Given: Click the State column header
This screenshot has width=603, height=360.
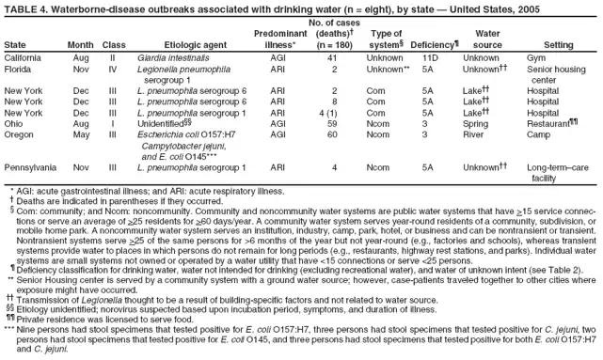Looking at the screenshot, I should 15,44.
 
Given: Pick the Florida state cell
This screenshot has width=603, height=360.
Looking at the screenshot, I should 19,69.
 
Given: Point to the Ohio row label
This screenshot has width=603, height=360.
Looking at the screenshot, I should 14,122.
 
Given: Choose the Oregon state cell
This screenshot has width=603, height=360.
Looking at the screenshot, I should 20,134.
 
